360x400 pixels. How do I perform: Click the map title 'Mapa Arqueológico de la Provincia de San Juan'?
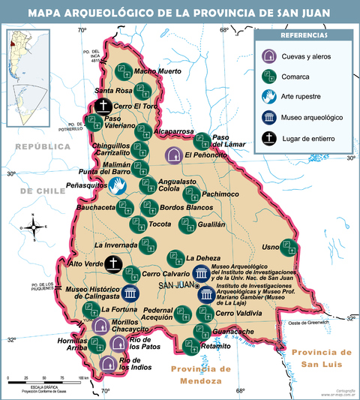click(x=180, y=13)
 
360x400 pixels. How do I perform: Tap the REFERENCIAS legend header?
click(x=303, y=36)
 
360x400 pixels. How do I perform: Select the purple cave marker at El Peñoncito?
click(x=174, y=155)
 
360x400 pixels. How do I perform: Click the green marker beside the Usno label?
click(x=290, y=248)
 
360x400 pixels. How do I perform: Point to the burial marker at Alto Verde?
click(x=113, y=264)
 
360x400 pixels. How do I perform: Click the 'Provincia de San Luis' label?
click(x=321, y=358)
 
